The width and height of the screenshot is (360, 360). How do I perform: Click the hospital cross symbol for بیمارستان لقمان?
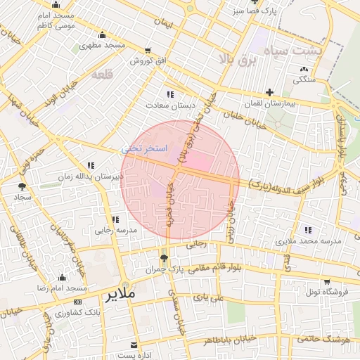tap(269, 92)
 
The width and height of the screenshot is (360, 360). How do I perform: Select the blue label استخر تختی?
tap(144, 149)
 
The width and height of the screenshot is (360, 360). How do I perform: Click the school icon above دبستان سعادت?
tap(169, 94)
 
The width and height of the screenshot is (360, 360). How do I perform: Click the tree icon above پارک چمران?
tap(165, 259)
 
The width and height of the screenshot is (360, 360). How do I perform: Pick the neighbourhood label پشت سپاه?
tap(294, 51)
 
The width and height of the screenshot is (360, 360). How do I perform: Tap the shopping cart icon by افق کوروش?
tap(147, 50)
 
